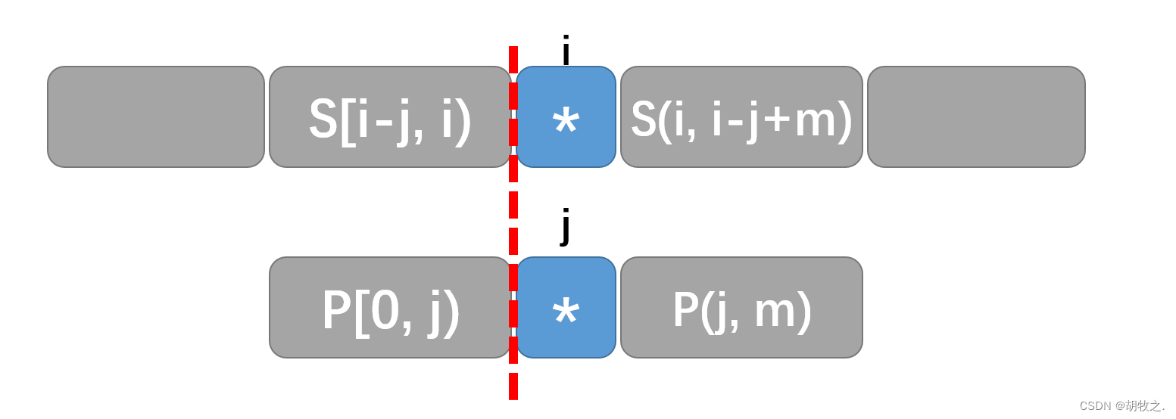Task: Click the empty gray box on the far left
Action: [x=156, y=116]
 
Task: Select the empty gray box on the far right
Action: [x=976, y=116]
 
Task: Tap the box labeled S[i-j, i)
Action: [x=390, y=116]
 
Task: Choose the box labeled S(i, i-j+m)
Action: [x=741, y=116]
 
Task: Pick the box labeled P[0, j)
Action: [x=390, y=307]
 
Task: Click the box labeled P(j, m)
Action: [x=741, y=307]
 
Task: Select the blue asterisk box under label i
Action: [x=566, y=116]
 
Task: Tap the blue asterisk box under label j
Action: [x=566, y=307]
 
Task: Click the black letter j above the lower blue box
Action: [x=566, y=225]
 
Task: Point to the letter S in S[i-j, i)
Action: [x=323, y=119]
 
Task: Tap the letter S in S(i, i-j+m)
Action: [x=643, y=119]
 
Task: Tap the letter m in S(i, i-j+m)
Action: [x=814, y=123]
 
